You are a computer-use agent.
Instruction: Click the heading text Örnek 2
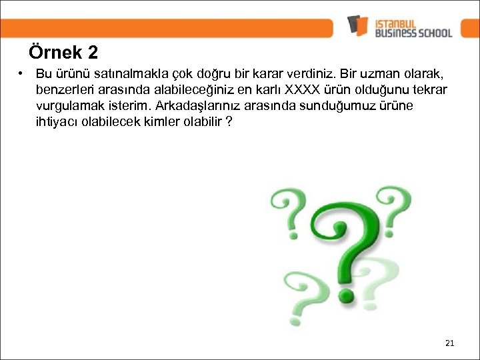click(63, 52)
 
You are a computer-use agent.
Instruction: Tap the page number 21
click(449, 343)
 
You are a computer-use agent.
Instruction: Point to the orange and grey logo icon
click(357, 25)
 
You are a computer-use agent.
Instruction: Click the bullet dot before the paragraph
click(22, 73)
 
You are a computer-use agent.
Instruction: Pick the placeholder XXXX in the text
click(303, 89)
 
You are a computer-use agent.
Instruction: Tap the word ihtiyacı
click(58, 121)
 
